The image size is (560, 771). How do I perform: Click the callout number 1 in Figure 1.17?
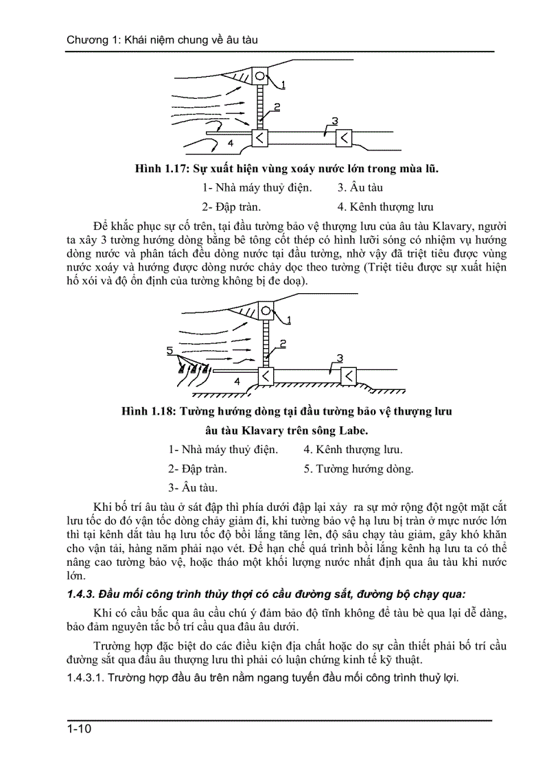tap(283, 84)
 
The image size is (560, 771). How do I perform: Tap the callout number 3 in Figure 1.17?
tap(334, 122)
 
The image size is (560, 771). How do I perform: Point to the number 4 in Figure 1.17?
tap(231, 143)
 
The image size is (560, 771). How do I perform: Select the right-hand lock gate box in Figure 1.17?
tap(344, 138)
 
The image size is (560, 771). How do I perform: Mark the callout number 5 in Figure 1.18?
tap(170, 351)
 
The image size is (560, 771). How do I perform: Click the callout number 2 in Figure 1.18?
tap(283, 343)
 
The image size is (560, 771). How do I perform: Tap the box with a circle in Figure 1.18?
tap(265, 310)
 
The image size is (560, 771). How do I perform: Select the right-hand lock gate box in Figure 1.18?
tap(349, 375)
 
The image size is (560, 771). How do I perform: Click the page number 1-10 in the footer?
tap(79, 728)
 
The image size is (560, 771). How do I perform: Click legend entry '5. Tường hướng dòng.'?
tap(358, 469)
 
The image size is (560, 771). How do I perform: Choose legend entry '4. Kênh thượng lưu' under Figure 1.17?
tap(385, 207)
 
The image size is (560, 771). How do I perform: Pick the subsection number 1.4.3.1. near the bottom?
tap(89, 678)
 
